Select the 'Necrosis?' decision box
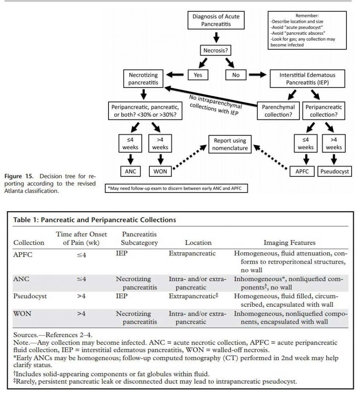pyautogui.click(x=216, y=50)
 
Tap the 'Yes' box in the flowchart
pyautogui.click(x=198, y=75)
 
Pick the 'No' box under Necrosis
pyautogui.click(x=236, y=75)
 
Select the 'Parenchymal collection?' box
pyautogui.click(x=278, y=111)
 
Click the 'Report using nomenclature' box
pyautogui.click(x=230, y=144)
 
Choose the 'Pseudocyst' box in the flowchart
pyautogui.click(x=333, y=171)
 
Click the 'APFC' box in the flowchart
pyautogui.click(x=302, y=171)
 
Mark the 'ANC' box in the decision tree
pyautogui.click(x=129, y=171)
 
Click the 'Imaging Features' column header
pyautogui.click(x=289, y=242)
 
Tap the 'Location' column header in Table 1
pyautogui.click(x=198, y=242)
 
